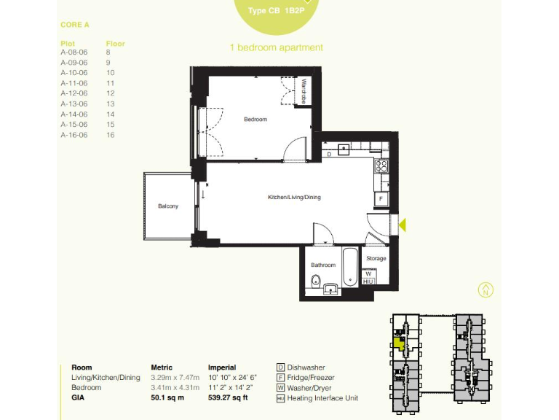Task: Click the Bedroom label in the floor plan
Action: coord(255,120)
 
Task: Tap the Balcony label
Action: coord(168,206)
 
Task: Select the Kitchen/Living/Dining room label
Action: coord(294,198)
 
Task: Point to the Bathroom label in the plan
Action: coord(323,265)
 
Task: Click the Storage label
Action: coord(376,259)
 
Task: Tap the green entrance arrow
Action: coord(403,226)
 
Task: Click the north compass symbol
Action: coord(485,289)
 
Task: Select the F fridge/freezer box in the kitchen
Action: coord(380,199)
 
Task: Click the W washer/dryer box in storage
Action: coord(368,273)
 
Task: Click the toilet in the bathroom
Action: coord(313,281)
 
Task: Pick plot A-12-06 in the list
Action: coord(74,93)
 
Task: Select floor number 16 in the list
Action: coord(111,135)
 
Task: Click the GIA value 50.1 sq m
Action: coord(167,398)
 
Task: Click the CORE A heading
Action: coord(75,25)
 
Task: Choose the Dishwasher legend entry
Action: coord(306,367)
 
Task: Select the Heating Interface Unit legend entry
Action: coord(322,398)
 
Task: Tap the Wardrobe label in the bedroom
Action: coord(305,93)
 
